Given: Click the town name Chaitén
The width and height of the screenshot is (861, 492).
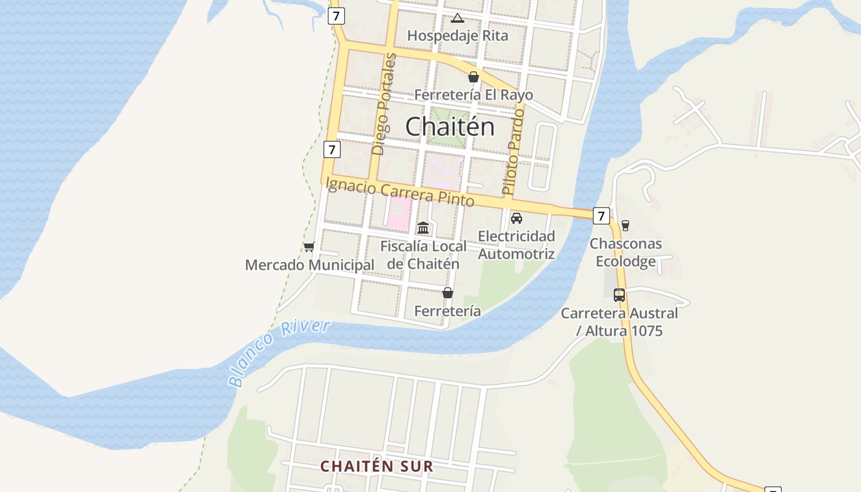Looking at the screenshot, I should pos(450,127).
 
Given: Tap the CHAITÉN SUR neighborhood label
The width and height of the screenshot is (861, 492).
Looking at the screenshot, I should pos(376,466).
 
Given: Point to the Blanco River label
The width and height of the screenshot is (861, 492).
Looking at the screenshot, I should pos(279,352).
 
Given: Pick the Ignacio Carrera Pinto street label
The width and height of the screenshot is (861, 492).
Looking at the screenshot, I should pos(400,191).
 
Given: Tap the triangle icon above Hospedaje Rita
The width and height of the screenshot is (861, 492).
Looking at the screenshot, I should pos(457,18).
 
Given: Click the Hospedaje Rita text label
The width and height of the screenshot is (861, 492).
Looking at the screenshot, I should pos(458,36).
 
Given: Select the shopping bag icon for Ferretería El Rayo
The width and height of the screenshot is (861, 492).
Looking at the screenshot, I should pos(473,77).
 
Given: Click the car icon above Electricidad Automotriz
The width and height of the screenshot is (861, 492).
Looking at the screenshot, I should pos(517,218).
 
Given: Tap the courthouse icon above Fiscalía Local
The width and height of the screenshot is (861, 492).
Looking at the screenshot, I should pos(423,228).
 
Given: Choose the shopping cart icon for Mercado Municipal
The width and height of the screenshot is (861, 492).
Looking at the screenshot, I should pos(309,247).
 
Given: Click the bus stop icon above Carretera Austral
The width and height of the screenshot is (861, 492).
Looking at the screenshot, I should pos(619,295).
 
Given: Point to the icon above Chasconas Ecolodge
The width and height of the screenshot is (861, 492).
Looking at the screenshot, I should pos(625,226).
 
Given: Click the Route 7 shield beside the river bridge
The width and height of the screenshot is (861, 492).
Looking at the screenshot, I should pos(601,216).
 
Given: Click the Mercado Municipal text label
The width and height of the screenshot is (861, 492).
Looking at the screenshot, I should pos(309,265).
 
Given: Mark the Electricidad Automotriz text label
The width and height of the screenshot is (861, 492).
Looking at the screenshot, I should pos(517,245).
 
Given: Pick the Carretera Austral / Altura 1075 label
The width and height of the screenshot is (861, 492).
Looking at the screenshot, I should pos(619,322).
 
